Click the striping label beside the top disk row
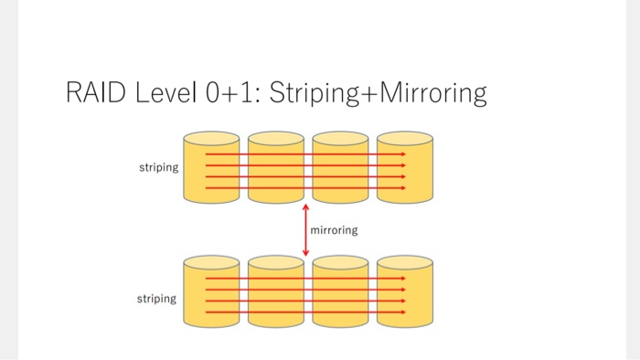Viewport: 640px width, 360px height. click(157, 168)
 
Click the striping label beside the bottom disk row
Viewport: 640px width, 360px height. click(157, 299)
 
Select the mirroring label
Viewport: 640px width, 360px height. click(334, 230)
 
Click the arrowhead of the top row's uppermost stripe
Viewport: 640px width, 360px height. click(402, 154)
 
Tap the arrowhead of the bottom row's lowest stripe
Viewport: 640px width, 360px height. click(402, 312)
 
